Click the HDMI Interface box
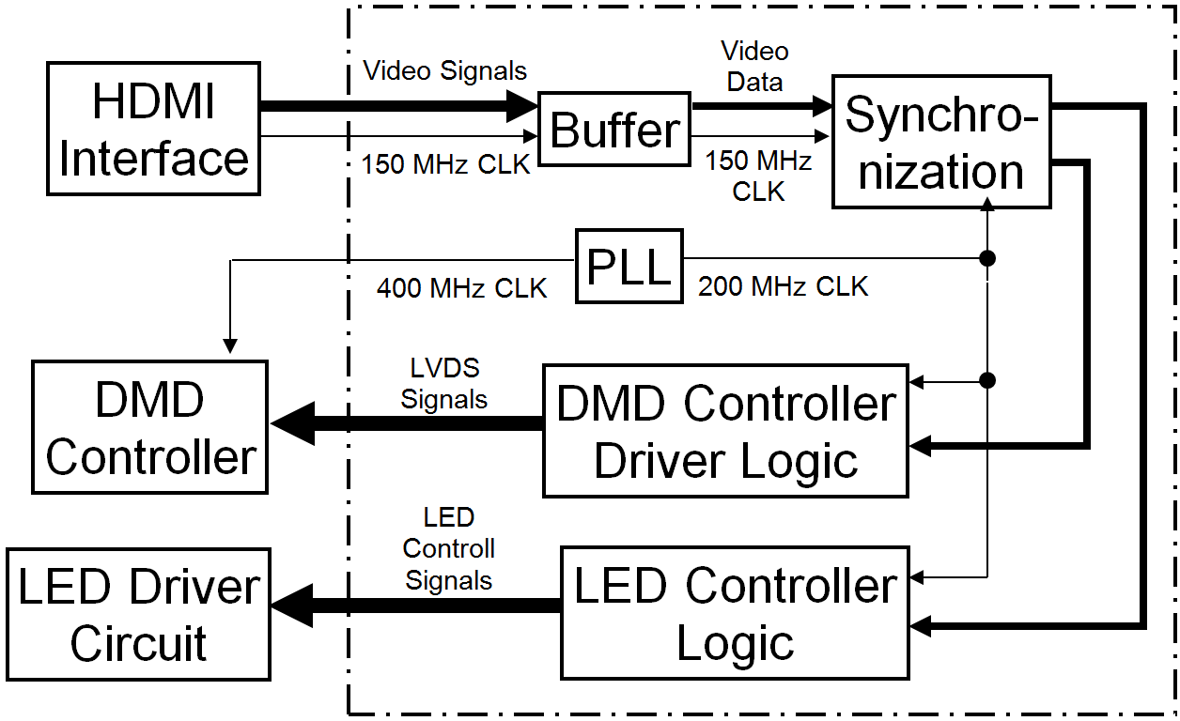153,129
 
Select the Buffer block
614,130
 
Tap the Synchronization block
941,142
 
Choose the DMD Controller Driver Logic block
725,431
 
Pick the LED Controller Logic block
735,613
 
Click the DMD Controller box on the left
150,427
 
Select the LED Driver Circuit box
138,614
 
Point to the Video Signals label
444,70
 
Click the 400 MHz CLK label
461,287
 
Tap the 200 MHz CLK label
783,286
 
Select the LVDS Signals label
443,383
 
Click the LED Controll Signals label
449,549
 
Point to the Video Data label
754,66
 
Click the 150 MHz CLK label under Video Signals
445,164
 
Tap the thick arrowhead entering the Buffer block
520,105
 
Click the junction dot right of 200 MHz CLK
986,258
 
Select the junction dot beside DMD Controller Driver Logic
986,380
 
